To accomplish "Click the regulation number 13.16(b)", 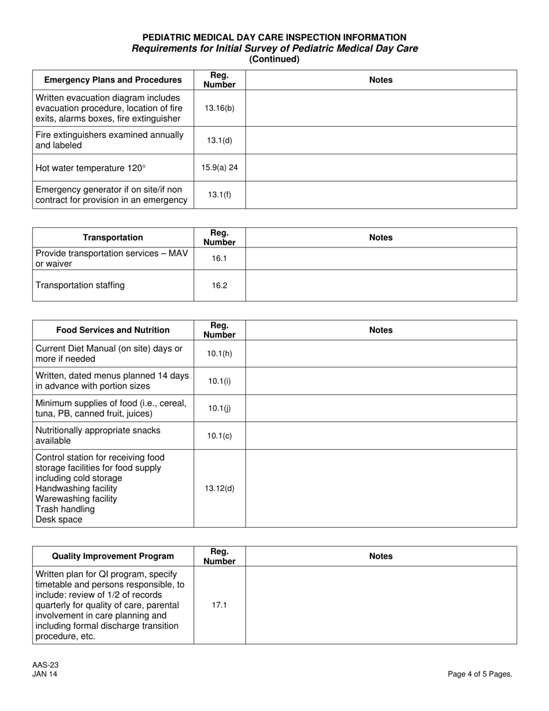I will click(220, 108).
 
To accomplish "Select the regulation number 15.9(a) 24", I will click(220, 168).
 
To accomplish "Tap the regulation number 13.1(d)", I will click(220, 140).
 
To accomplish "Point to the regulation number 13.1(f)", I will click(220, 195).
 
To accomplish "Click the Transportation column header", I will click(113, 238).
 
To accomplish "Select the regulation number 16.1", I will click(220, 258).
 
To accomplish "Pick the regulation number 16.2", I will click(220, 286).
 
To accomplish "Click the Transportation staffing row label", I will click(80, 286).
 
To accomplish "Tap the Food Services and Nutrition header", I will click(113, 330).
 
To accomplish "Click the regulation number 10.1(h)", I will click(220, 353).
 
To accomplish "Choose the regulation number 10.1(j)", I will click(220, 408).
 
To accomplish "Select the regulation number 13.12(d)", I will click(220, 488).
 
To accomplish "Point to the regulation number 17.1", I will click(220, 605).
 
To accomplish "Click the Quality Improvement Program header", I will click(113, 556).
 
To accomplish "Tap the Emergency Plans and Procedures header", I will click(113, 80).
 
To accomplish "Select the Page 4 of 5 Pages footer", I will click(480, 674).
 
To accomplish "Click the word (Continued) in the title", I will click(274, 59).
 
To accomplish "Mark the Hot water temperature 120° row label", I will click(91, 168).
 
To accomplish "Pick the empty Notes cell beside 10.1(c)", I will click(381, 436).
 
